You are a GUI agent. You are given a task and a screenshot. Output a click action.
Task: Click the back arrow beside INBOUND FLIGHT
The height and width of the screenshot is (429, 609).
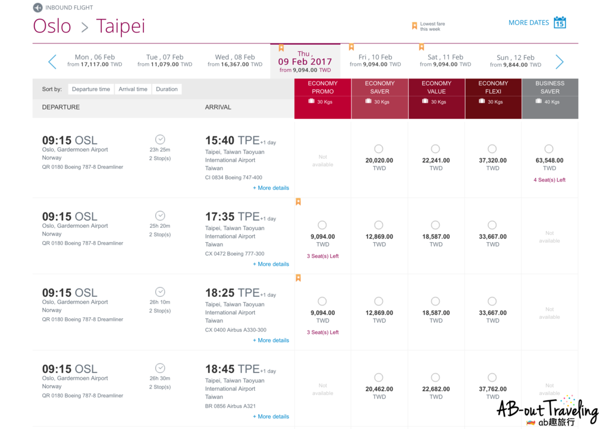[37, 8]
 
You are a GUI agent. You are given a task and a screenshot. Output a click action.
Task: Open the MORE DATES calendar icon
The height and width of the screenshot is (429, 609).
[560, 23]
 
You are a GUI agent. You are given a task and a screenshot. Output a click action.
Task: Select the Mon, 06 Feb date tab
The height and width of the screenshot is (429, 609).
[95, 61]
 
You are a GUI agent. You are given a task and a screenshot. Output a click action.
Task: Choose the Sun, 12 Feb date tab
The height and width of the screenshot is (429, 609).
[516, 61]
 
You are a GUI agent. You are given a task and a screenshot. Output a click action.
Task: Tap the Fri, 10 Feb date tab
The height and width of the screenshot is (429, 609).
[375, 61]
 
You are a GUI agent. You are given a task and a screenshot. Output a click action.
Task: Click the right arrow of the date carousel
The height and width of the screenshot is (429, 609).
[559, 61]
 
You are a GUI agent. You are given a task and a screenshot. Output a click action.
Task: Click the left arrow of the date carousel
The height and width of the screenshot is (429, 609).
[52, 61]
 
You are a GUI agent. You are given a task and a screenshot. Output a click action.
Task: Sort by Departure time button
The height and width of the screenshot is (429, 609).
[91, 89]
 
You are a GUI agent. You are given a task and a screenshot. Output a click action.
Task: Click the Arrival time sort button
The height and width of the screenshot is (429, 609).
[133, 89]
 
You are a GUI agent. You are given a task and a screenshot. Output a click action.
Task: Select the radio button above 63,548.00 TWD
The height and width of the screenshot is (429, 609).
[549, 149]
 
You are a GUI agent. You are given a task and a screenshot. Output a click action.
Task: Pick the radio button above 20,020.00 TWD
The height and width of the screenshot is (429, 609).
[379, 149]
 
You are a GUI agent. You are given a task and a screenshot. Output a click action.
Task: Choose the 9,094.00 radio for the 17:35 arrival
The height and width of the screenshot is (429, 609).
[322, 225]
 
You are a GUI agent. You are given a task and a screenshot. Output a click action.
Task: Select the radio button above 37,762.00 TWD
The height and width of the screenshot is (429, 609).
[492, 377]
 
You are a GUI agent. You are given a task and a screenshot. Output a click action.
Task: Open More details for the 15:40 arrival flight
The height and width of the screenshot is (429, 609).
[271, 188]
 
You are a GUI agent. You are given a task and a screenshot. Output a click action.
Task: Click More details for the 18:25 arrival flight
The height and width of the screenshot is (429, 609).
[271, 340]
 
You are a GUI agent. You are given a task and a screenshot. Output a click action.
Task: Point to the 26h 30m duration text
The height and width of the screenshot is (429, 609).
[160, 378]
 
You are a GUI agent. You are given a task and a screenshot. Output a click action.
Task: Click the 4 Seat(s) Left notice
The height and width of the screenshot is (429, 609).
[550, 180]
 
